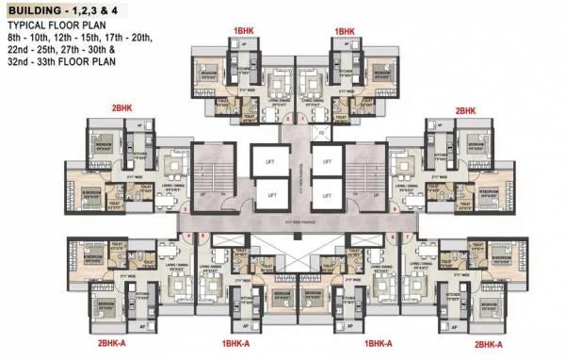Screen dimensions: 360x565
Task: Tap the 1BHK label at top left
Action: [x=243, y=31]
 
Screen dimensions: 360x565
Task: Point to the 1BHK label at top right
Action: [x=344, y=31]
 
